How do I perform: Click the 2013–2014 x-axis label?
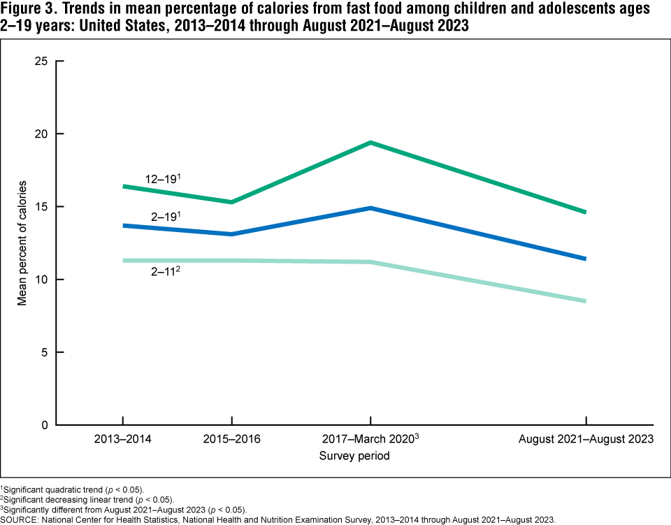pos(122,440)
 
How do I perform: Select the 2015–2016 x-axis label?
pos(231,440)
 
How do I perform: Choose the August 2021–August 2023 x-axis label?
pos(585,440)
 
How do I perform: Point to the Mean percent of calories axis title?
pos(22,243)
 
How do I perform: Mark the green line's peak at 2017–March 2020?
pos(370,143)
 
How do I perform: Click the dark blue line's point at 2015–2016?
pos(231,234)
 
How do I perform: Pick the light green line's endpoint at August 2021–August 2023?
pos(585,301)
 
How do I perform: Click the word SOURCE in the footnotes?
pos(22,519)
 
